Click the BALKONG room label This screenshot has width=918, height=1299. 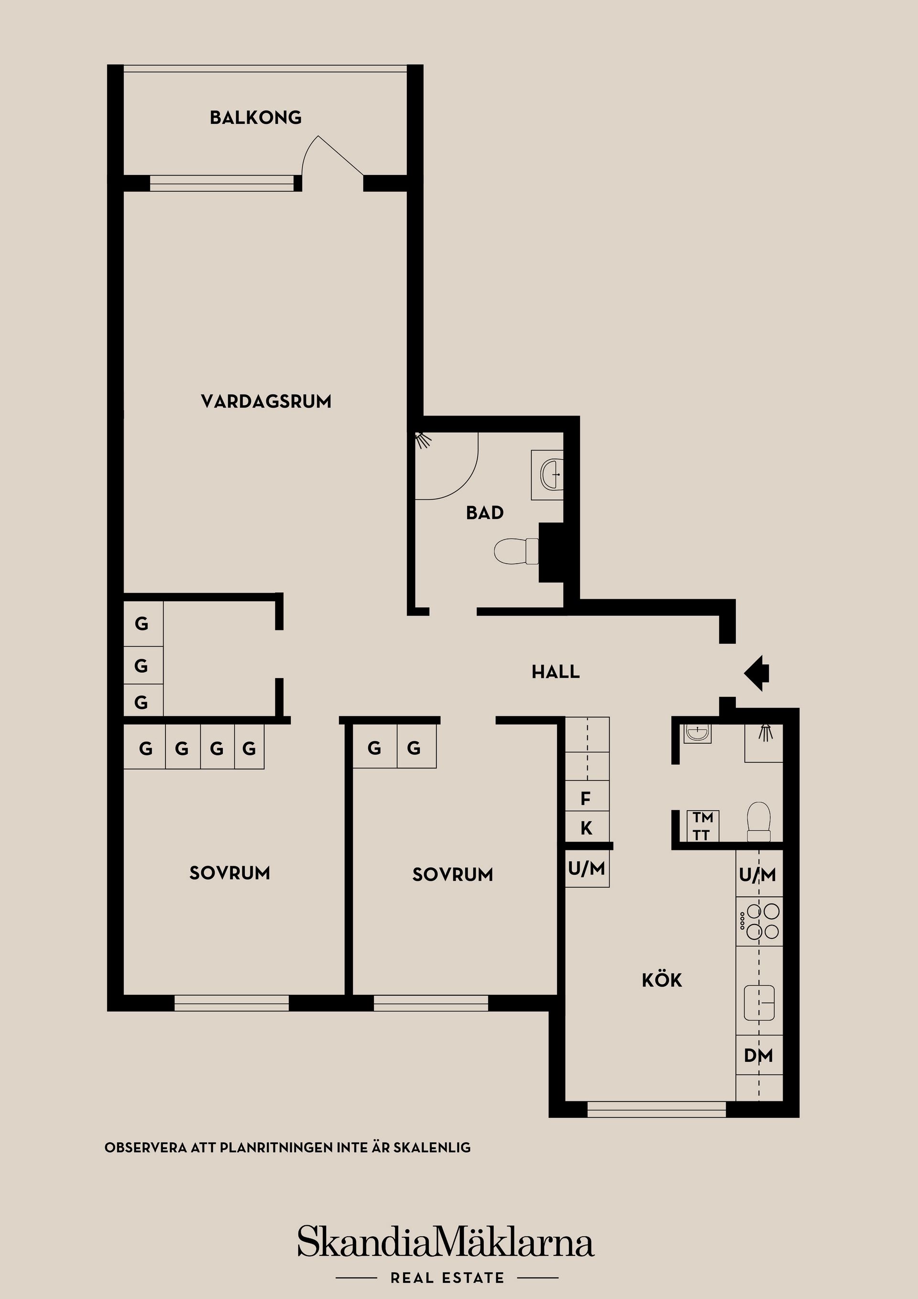(256, 118)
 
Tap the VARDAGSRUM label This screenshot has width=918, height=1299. (266, 402)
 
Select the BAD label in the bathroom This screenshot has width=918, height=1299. (485, 513)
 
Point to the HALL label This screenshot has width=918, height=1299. (556, 672)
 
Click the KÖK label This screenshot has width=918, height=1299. (662, 980)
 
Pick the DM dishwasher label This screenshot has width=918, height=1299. (758, 1055)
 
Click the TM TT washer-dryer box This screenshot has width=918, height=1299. (702, 826)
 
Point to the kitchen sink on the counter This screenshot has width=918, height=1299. (758, 1002)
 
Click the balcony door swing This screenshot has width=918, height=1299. (331, 158)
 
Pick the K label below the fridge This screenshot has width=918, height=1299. (587, 828)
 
